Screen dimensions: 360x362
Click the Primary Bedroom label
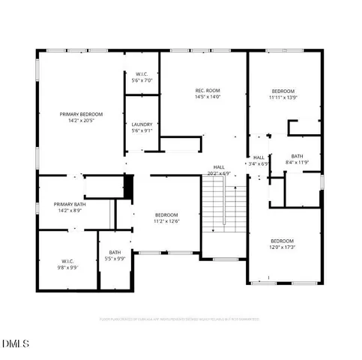click(x=81, y=114)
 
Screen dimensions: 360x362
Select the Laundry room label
click(x=142, y=124)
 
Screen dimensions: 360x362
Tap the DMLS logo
click(x=16, y=343)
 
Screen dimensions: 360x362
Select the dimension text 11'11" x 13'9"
click(x=283, y=97)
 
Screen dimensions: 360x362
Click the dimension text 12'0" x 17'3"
click(x=283, y=247)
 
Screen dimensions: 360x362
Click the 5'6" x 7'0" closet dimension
click(x=142, y=79)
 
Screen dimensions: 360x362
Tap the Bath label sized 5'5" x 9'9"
click(x=115, y=253)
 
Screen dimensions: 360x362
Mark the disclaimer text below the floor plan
click(x=180, y=319)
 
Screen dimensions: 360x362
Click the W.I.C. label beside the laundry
click(x=142, y=73)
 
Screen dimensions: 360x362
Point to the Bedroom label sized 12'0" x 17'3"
click(x=283, y=241)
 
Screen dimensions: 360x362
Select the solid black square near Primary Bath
click(x=128, y=186)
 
